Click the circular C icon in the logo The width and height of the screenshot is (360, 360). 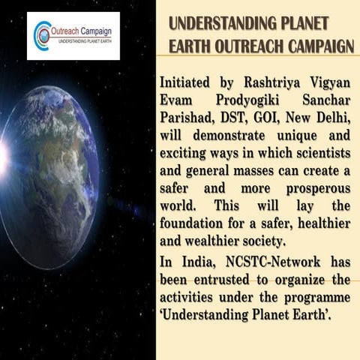point(43,33)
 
